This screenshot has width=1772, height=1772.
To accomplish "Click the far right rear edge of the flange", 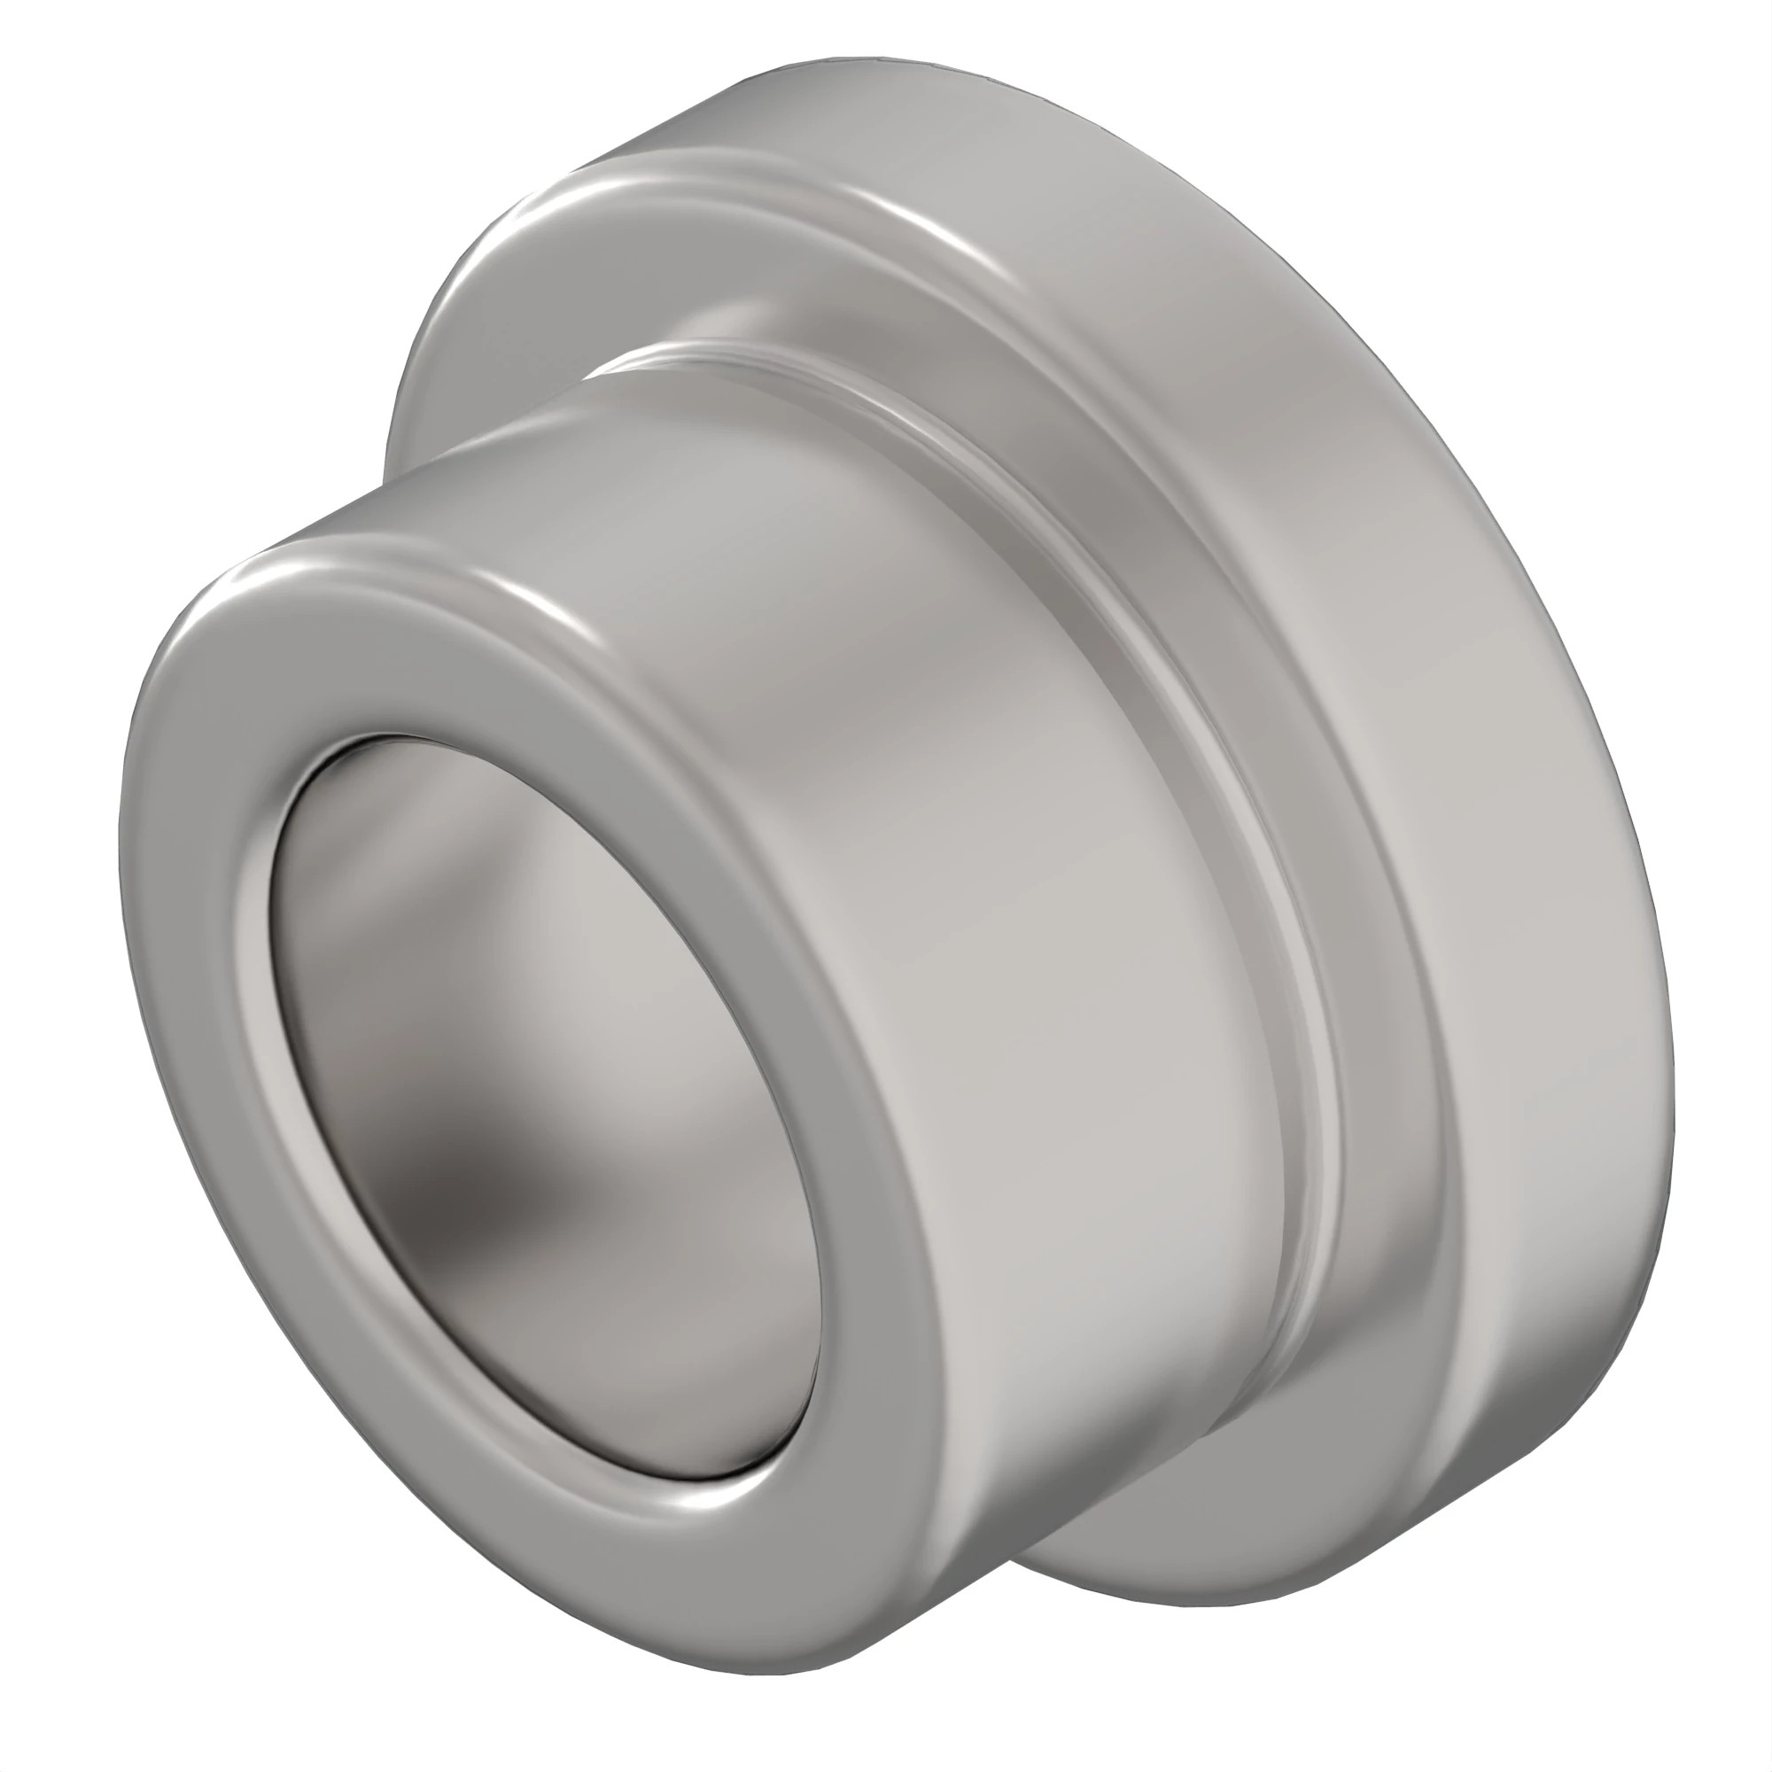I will pos(1665,1054).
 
